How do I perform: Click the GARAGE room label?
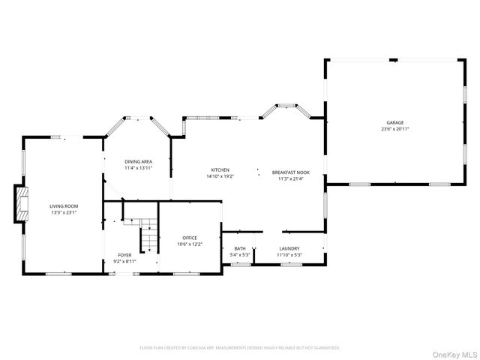[395, 122]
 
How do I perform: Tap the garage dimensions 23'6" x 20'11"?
[395, 129]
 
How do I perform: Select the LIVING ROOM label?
[64, 206]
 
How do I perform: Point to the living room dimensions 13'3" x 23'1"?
[64, 213]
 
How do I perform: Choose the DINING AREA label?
[139, 161]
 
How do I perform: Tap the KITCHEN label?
[220, 169]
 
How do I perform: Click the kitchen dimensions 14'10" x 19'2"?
[220, 176]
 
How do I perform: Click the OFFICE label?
[189, 238]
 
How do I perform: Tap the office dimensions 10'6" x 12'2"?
[189, 244]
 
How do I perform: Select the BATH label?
[239, 249]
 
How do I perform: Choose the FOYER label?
[124, 255]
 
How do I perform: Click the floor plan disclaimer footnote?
[240, 348]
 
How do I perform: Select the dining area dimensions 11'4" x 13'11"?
[139, 168]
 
